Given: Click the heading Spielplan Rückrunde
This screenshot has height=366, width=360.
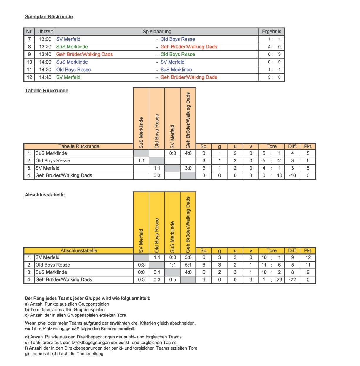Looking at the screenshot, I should click(x=49, y=17).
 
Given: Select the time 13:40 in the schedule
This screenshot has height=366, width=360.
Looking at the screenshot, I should click(x=45, y=54).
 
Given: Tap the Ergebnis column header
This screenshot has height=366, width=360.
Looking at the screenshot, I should click(x=271, y=31).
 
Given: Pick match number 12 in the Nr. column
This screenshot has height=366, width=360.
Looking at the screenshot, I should click(x=29, y=77).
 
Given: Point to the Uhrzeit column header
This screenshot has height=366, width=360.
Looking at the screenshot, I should click(x=45, y=31).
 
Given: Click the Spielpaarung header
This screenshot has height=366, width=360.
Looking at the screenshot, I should click(x=157, y=31).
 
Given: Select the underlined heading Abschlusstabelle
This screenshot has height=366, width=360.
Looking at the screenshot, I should click(x=45, y=195).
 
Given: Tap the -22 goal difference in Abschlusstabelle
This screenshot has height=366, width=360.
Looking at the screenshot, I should click(x=292, y=279).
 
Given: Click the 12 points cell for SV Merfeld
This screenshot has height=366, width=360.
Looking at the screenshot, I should click(x=308, y=257).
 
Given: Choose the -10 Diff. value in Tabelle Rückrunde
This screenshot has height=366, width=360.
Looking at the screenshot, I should click(x=292, y=175).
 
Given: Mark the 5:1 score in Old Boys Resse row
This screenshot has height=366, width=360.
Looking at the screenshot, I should click(x=188, y=265).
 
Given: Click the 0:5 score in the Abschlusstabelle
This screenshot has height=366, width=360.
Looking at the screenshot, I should click(x=173, y=279).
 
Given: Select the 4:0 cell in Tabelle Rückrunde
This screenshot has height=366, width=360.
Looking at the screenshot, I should click(x=188, y=153).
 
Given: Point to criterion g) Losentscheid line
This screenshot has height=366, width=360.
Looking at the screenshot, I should click(x=64, y=354).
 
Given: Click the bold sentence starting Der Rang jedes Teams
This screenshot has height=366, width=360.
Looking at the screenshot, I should click(x=88, y=298).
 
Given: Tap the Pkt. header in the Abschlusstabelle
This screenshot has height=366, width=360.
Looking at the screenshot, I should click(x=308, y=250).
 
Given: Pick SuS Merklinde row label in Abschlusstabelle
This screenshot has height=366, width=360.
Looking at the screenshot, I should click(x=51, y=272).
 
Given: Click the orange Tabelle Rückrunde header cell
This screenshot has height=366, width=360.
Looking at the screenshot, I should click(x=79, y=146).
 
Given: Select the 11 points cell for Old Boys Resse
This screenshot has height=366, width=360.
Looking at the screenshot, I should click(x=308, y=265).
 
